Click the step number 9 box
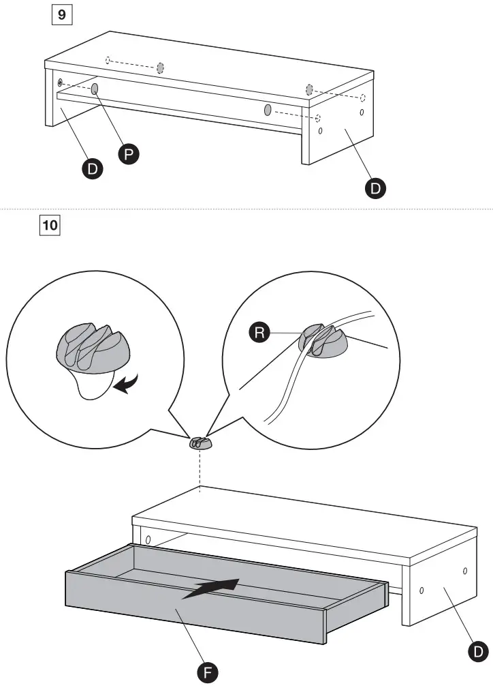pyautogui.click(x=61, y=14)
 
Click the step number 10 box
pyautogui.click(x=51, y=224)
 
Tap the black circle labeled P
pyautogui.click(x=127, y=155)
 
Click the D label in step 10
pyautogui.click(x=479, y=651)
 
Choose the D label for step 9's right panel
pyautogui.click(x=373, y=188)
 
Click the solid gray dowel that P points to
pyautogui.click(x=95, y=89)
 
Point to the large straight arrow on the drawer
pyautogui.click(x=211, y=588)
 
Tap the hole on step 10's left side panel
pyautogui.click(x=148, y=539)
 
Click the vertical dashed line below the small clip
pyautogui.click(x=200, y=469)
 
